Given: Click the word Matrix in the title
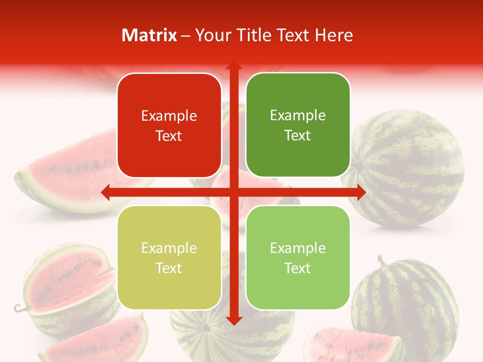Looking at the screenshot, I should pyautogui.click(x=149, y=35).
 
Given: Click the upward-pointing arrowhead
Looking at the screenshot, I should pyautogui.click(x=233, y=66).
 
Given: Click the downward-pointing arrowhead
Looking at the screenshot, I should pyautogui.click(x=233, y=320).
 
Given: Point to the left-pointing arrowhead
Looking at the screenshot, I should pyautogui.click(x=106, y=192).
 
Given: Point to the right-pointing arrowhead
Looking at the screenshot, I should pyautogui.click(x=361, y=192).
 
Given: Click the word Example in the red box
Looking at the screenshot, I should pyautogui.click(x=169, y=116).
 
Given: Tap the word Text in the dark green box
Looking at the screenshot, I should pyautogui.click(x=298, y=135).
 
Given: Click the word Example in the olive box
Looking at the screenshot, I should pyautogui.click(x=169, y=248).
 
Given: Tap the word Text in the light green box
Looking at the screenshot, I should pyautogui.click(x=298, y=268).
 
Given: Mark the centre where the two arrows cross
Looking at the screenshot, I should pyautogui.click(x=233, y=192).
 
